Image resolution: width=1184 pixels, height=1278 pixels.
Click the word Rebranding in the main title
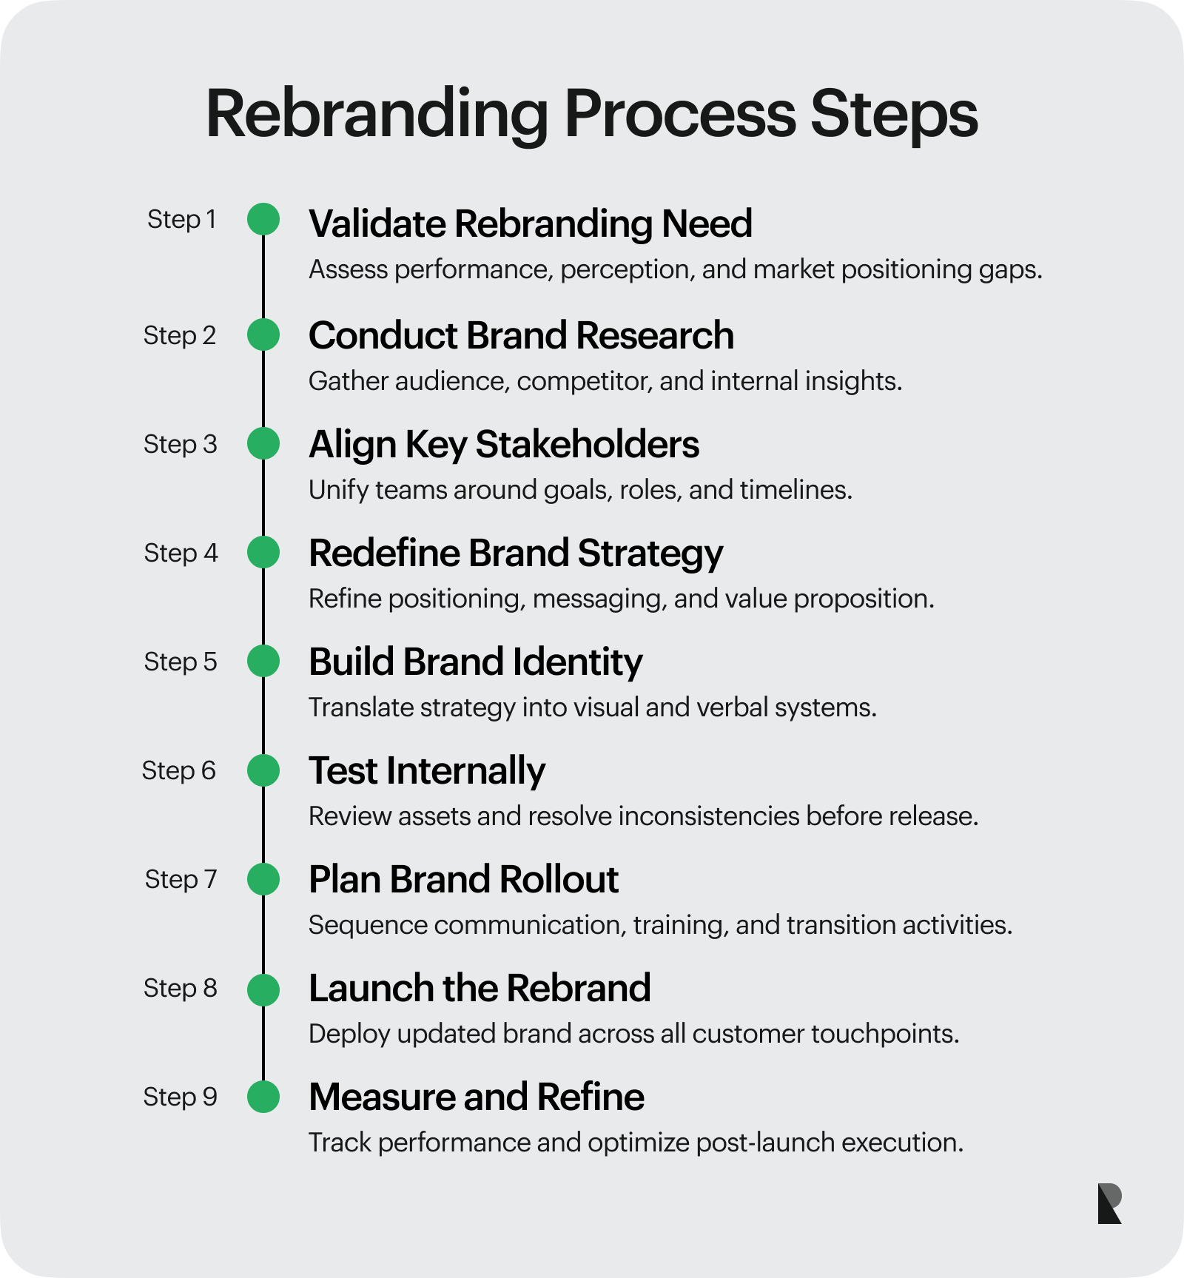coord(377,115)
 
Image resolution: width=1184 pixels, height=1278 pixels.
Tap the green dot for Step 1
coord(263,219)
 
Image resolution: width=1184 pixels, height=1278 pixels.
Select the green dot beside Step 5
coord(263,661)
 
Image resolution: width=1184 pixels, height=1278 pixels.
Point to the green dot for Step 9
coord(263,1096)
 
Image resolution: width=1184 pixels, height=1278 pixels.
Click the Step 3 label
coord(181,445)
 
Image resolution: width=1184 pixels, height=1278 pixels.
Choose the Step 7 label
coord(181,880)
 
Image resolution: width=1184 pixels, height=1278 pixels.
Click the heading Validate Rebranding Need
coord(531,224)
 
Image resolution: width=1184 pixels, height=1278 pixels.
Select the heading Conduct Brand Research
coord(522,335)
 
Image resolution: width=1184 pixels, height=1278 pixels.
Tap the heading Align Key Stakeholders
coord(504,445)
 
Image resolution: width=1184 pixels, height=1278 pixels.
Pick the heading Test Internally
coord(427,772)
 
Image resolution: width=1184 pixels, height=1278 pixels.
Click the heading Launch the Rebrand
coord(480,988)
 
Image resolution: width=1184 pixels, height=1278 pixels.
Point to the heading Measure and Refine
coord(477,1097)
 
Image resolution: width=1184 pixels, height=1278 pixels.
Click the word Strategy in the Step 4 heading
coord(650,554)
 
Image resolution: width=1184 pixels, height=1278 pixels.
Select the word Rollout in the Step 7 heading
coord(559,879)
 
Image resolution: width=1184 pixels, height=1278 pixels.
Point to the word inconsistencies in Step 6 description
coord(709,816)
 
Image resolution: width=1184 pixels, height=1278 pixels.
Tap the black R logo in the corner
coord(1110,1203)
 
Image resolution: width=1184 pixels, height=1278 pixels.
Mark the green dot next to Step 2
coord(263,334)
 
